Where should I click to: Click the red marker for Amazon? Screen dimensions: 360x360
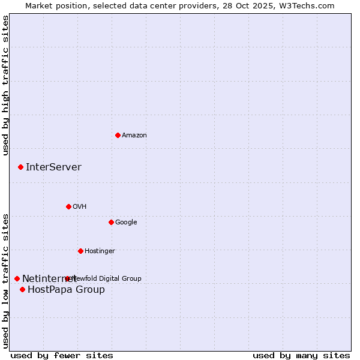[x=118, y=135]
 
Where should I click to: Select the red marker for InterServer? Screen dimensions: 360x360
[x=20, y=167]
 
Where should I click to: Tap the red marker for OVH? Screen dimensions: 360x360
[x=68, y=206]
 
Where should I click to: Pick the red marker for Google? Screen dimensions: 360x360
[x=111, y=222]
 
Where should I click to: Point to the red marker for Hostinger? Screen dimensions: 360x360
[x=80, y=251]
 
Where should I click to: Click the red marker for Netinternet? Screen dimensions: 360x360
[x=17, y=278]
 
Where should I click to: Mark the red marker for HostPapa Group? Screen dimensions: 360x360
[x=22, y=289]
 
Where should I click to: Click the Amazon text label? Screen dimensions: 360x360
[x=134, y=135]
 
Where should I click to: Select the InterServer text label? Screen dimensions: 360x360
[x=53, y=167]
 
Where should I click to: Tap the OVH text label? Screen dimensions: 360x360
[x=80, y=206]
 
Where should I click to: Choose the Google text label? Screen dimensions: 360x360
[x=126, y=222]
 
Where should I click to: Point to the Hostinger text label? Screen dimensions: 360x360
[x=100, y=251]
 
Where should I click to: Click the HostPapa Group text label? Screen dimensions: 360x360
[x=66, y=290]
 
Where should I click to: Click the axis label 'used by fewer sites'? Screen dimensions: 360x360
[x=62, y=355]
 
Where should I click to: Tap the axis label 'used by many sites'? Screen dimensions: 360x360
[x=301, y=355]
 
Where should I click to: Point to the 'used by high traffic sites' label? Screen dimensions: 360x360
[x=5, y=85]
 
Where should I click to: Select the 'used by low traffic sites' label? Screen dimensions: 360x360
[x=5, y=280]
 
